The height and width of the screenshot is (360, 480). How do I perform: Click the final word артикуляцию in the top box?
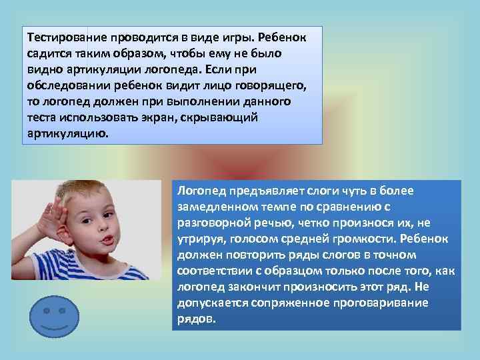pyautogui.click(x=64, y=133)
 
